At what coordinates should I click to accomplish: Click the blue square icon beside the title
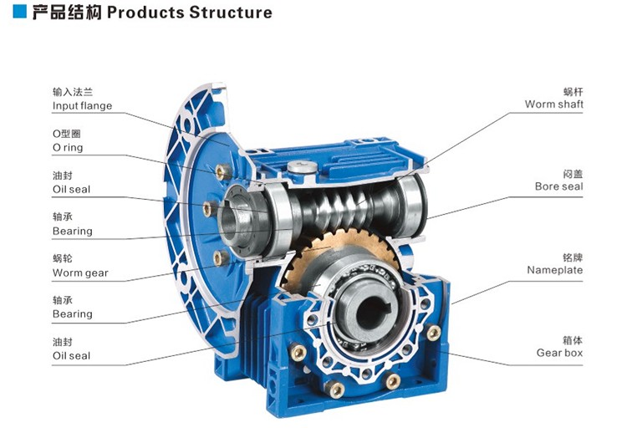[x=15, y=13]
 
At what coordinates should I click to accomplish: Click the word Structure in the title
[x=231, y=13]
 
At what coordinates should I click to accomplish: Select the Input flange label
[x=82, y=106]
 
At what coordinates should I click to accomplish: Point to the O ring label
[x=68, y=148]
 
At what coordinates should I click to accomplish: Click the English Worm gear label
[x=80, y=273]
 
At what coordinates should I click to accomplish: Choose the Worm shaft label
[x=553, y=104]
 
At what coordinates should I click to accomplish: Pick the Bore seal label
[x=558, y=186]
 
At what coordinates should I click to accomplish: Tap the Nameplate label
[x=554, y=270]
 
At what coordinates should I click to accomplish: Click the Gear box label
[x=559, y=353]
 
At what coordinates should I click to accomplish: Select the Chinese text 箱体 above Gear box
[x=572, y=339]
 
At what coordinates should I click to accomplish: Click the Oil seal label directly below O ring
[x=71, y=190]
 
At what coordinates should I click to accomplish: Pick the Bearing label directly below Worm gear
[x=72, y=314]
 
